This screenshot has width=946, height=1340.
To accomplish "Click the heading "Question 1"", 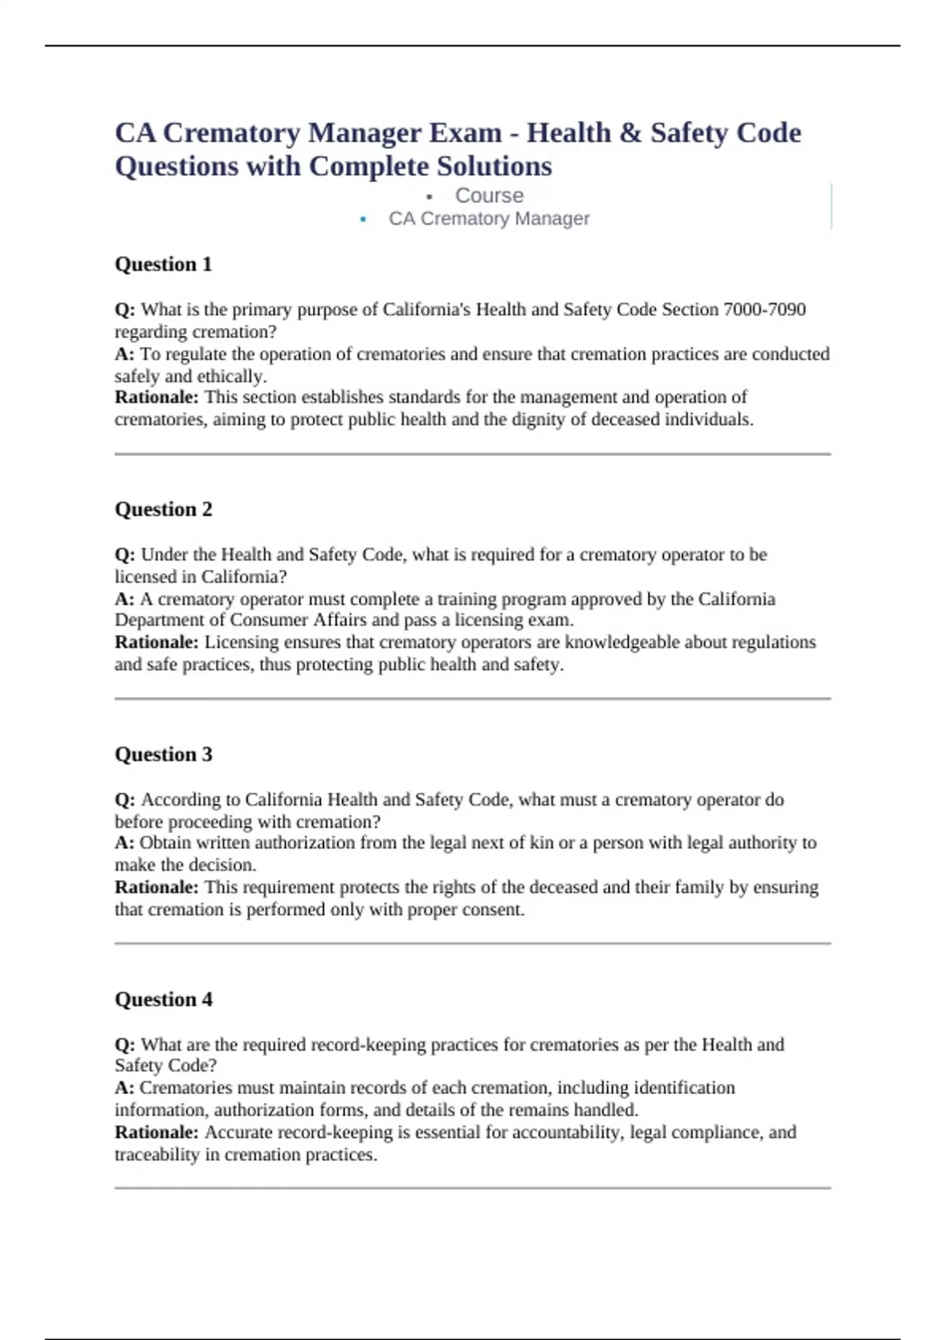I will [x=163, y=264].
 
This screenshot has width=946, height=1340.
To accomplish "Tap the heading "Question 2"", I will [x=163, y=509].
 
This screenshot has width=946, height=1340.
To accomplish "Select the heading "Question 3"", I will [x=163, y=754].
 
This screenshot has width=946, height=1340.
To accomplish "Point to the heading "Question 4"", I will [x=163, y=999].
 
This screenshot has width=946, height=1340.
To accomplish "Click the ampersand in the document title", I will [x=631, y=132].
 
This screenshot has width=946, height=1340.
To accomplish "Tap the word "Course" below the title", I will [x=489, y=195].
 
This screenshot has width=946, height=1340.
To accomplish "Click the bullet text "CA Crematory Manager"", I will [x=489, y=218].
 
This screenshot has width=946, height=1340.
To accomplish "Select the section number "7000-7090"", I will [x=765, y=310].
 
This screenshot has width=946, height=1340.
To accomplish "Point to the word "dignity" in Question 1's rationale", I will [x=538, y=419].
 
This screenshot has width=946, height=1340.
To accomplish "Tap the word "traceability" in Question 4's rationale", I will [x=156, y=1155].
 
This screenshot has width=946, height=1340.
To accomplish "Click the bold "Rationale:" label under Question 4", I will [x=156, y=1133].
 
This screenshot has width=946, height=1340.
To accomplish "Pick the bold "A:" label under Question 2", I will [x=124, y=599].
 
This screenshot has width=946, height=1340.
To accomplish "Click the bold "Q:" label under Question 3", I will [x=125, y=799].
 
